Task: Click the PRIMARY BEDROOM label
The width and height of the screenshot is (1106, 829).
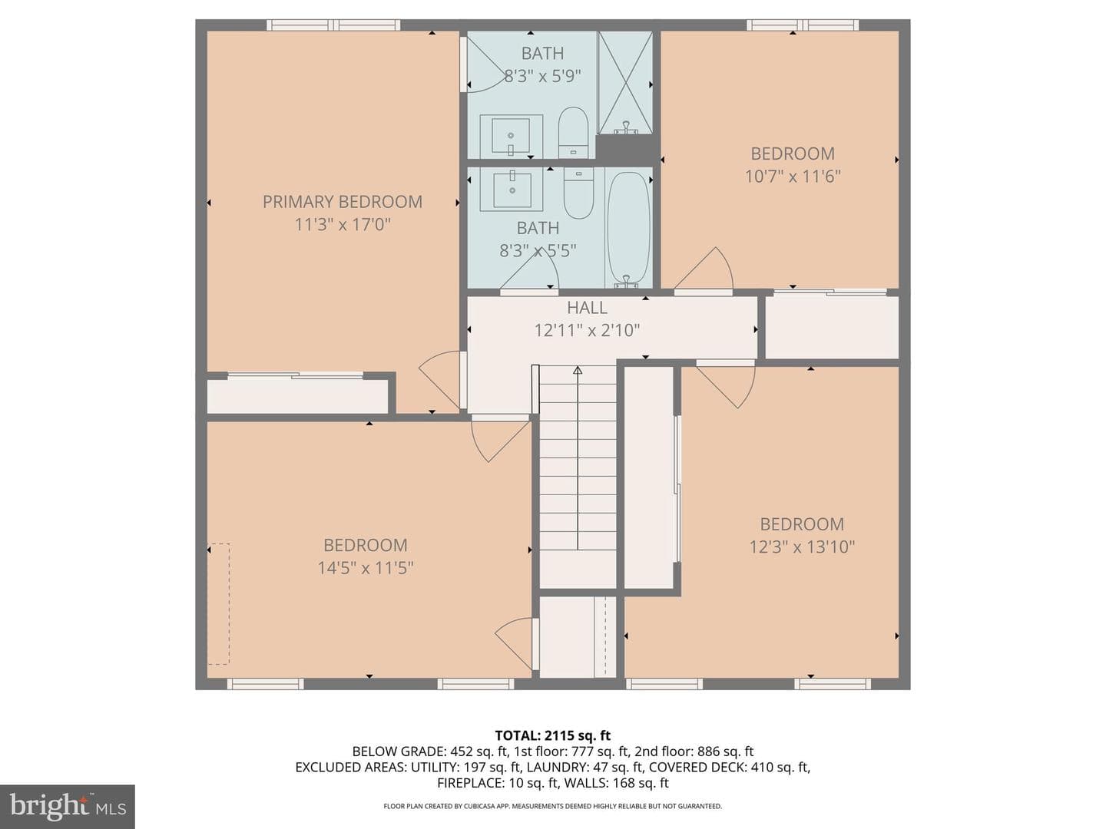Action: click(342, 202)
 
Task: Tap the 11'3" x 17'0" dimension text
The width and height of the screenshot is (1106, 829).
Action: click(343, 224)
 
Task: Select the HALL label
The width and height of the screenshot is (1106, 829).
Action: click(587, 308)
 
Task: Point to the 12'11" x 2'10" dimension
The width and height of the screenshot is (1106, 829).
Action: click(587, 330)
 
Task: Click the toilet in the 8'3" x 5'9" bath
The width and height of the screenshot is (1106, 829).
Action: click(574, 132)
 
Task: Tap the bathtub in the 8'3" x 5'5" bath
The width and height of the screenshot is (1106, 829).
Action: click(628, 230)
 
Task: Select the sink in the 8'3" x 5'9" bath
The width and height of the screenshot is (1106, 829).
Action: click(511, 136)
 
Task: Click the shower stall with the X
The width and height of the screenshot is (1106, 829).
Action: click(624, 83)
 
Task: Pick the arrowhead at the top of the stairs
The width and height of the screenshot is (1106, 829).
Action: click(578, 371)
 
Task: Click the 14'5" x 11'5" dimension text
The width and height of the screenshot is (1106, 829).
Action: click(366, 568)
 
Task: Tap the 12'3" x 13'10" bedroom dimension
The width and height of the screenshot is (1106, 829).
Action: click(802, 547)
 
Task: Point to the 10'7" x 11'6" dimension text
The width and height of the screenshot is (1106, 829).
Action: click(793, 177)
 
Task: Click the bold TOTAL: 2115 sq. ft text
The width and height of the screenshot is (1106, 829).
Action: click(553, 735)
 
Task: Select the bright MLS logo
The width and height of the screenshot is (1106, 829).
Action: click(67, 807)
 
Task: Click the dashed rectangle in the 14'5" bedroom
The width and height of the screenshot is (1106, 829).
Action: click(219, 604)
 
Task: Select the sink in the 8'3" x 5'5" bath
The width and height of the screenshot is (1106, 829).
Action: click(511, 190)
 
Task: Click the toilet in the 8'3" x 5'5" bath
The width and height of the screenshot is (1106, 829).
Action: click(578, 193)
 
